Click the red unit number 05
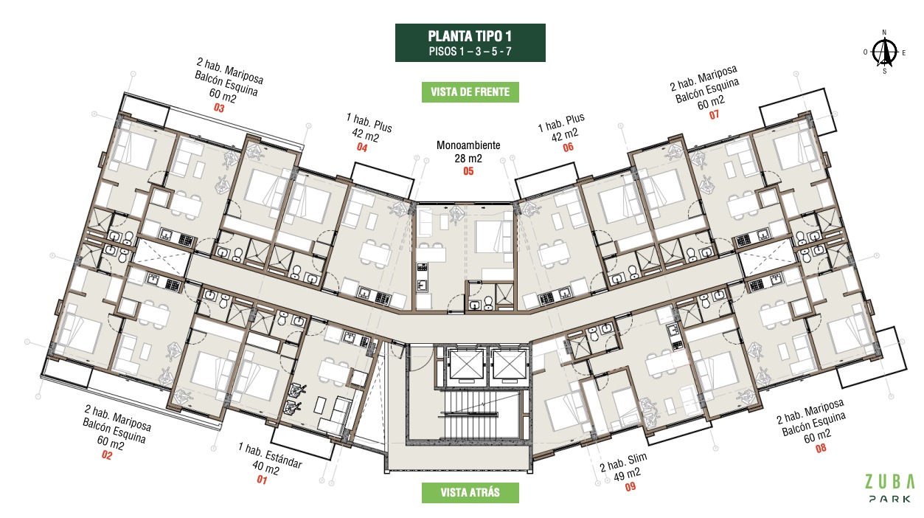[x=468, y=171]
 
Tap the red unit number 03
[x=219, y=108]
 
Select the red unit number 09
[x=631, y=487]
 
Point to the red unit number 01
[x=262, y=480]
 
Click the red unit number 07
[x=715, y=114]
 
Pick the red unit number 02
[x=107, y=455]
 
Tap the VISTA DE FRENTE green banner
[x=470, y=91]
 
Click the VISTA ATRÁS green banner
[x=470, y=492]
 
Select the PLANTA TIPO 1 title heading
[x=470, y=36]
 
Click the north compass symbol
[x=884, y=52]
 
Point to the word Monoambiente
[x=468, y=145]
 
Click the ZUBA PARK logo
[x=889, y=488]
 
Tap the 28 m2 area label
[x=468, y=158]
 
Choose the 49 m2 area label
[x=627, y=474]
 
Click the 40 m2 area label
[x=266, y=468]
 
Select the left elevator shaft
[x=467, y=365]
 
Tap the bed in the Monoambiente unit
[x=494, y=237]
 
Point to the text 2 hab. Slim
[x=623, y=462]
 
